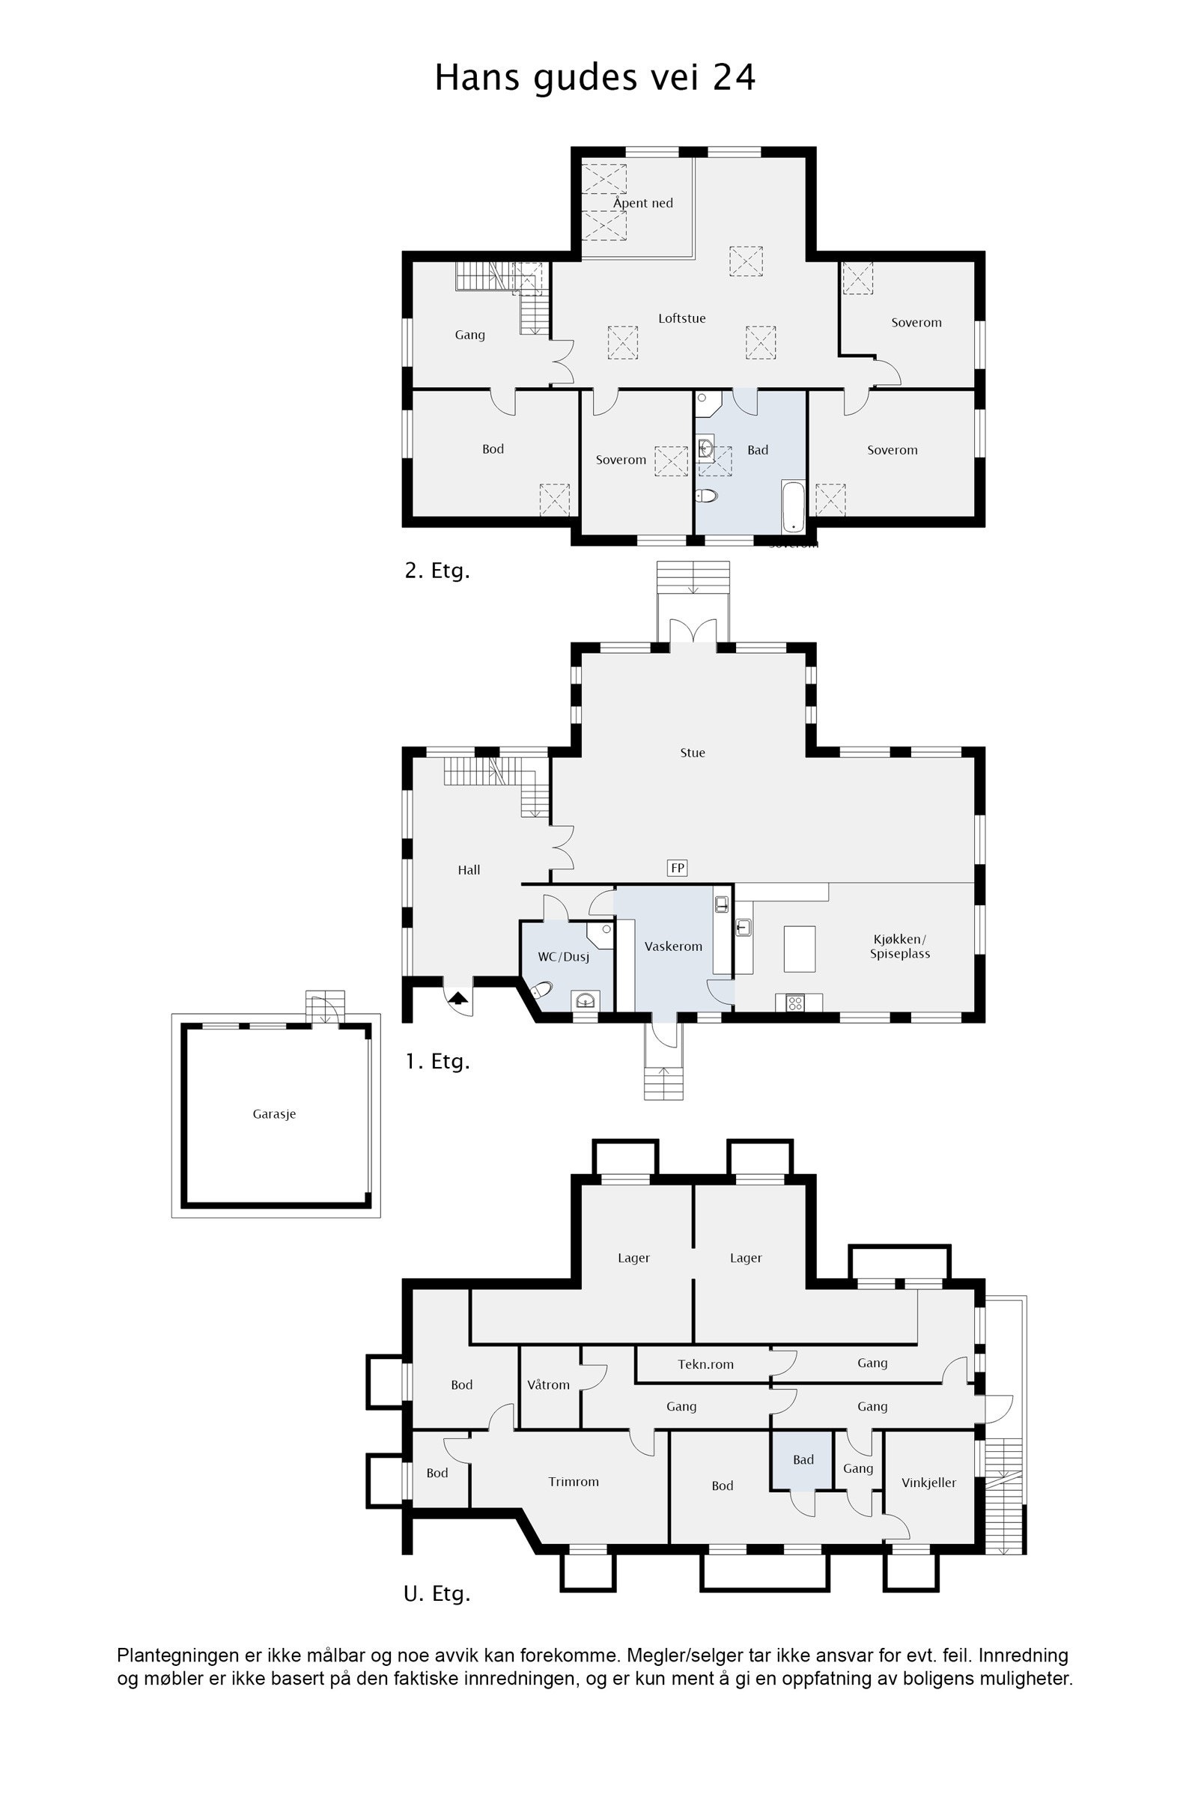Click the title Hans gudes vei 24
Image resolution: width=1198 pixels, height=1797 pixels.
pyautogui.click(x=595, y=78)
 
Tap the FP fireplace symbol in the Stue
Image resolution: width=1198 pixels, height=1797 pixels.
pyautogui.click(x=677, y=868)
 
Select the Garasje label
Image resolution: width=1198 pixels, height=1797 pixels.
pyautogui.click(x=274, y=1114)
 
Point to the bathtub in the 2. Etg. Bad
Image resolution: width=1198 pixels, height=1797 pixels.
pyautogui.click(x=793, y=507)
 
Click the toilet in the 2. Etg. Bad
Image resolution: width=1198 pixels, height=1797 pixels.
pyautogui.click(x=707, y=496)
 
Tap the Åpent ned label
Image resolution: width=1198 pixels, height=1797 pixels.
pyautogui.click(x=642, y=203)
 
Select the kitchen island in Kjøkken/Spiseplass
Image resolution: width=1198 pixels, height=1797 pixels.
pyautogui.click(x=799, y=948)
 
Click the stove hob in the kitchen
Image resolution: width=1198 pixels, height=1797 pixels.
pyautogui.click(x=794, y=1003)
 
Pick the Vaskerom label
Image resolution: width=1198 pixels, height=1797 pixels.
pyautogui.click(x=672, y=946)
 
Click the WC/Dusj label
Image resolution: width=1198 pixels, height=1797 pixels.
pyautogui.click(x=563, y=957)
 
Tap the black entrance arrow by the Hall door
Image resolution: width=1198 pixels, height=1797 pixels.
pyautogui.click(x=457, y=997)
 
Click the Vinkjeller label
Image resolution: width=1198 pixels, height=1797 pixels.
pyautogui.click(x=928, y=1483)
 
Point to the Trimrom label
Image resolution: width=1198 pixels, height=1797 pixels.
pyautogui.click(x=573, y=1483)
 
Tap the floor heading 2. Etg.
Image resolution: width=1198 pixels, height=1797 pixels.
pyautogui.click(x=437, y=571)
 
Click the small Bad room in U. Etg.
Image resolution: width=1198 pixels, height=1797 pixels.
pyautogui.click(x=802, y=1460)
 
